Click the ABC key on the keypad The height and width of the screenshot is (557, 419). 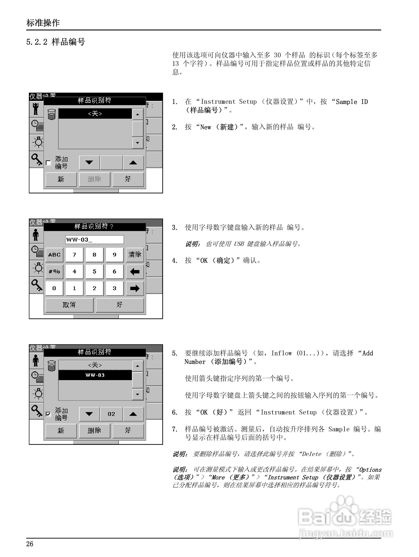click(54, 255)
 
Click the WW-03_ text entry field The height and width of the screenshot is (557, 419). click(94, 239)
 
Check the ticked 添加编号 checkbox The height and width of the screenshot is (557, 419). click(48, 414)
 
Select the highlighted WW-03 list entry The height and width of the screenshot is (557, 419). click(95, 375)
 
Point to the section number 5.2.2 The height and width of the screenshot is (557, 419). click(37, 42)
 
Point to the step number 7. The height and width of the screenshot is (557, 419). click(175, 429)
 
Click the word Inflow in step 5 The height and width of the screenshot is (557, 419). click(281, 353)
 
